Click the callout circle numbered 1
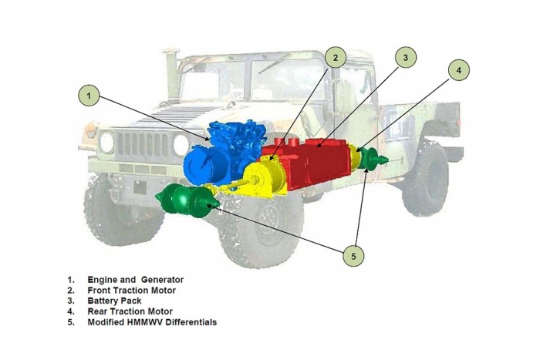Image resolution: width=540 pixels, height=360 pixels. click(89, 96)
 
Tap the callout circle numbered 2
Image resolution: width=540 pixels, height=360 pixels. click(335, 57)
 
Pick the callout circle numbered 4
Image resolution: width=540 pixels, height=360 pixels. click(458, 69)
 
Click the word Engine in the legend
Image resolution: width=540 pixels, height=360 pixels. click(103, 279)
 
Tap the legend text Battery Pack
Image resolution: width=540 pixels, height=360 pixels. click(112, 301)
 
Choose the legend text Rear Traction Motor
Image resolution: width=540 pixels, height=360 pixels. click(130, 311)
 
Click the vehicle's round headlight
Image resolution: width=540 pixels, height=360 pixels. click(107, 142)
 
